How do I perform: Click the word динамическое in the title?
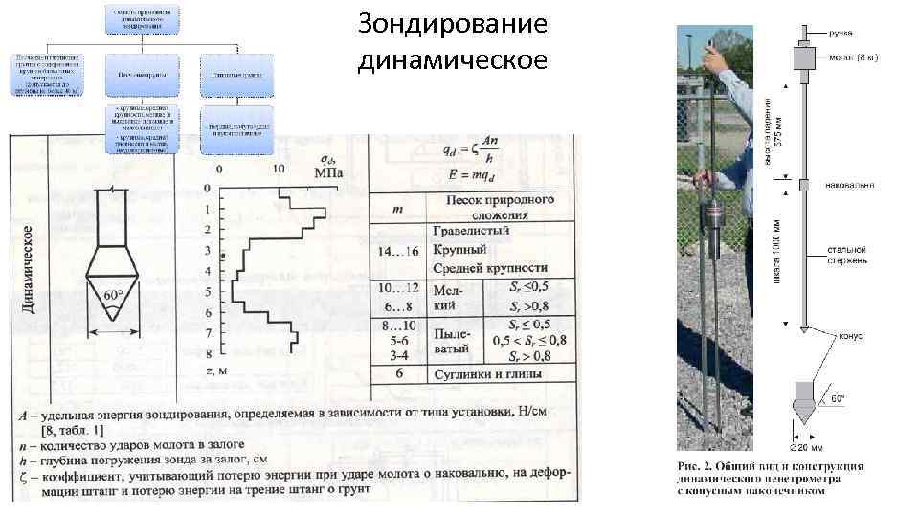[453, 60]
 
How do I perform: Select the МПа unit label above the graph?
[329, 172]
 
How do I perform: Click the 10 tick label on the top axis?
[279, 169]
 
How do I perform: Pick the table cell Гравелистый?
[471, 231]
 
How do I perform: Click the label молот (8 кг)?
[852, 58]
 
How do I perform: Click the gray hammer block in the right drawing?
[805, 59]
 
